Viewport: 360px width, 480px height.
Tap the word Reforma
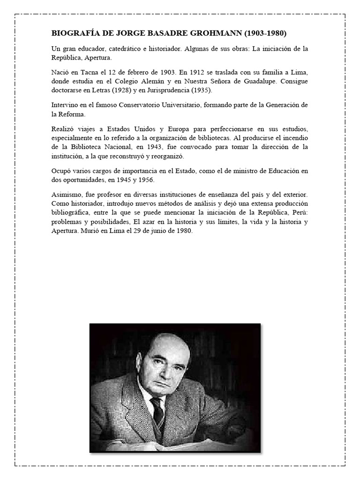coord(76,114)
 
